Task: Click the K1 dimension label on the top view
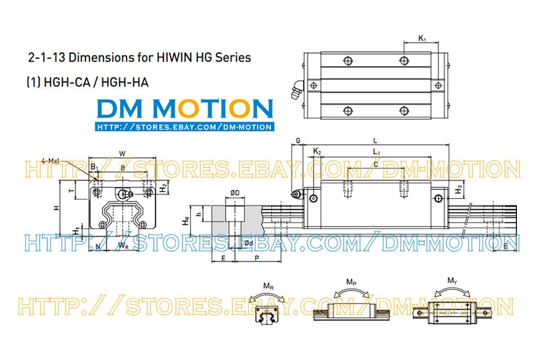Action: [422, 38]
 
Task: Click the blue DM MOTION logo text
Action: [184, 109]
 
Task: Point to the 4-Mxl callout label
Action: [50, 161]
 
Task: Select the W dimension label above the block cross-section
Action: [122, 153]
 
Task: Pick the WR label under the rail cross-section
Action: [123, 245]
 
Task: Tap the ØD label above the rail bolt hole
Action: [234, 194]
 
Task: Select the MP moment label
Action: [350, 281]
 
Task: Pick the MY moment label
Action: [452, 280]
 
